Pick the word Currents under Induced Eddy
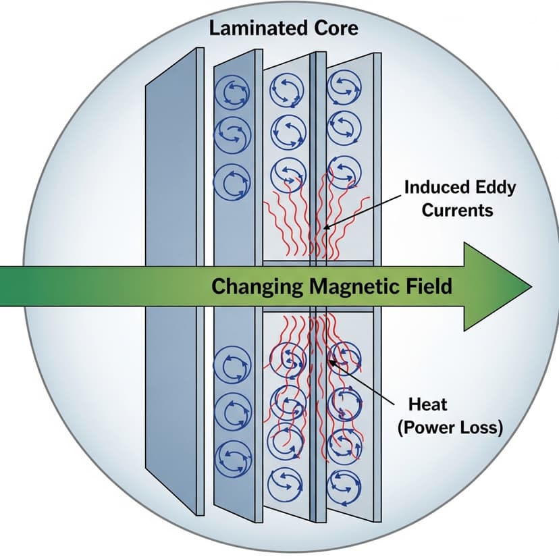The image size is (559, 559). click(x=458, y=209)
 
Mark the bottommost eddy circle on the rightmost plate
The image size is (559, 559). click(x=342, y=483)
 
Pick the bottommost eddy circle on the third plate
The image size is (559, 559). click(x=284, y=482)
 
